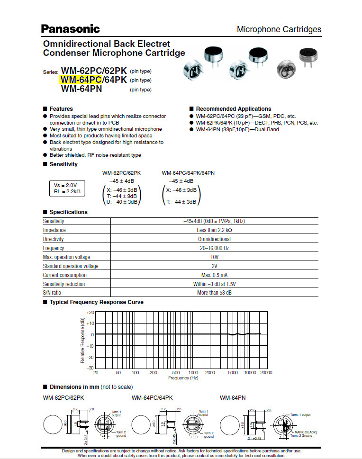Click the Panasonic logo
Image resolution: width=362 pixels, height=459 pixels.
coord(70,29)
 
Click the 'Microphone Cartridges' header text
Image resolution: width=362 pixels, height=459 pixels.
coord(279,29)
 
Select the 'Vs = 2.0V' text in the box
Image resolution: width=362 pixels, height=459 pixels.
coord(65,185)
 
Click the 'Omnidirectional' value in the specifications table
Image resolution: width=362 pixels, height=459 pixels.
coord(214,239)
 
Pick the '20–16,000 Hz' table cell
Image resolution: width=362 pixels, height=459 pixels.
coord(214,248)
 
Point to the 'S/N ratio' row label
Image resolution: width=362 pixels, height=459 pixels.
coord(53,293)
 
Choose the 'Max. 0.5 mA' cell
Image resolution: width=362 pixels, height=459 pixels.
coord(214,275)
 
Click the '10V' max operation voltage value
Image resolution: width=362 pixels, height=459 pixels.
coord(214,257)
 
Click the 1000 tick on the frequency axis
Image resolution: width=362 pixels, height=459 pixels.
coord(193,373)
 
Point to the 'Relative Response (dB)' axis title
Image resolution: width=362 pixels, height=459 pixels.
coord(82,340)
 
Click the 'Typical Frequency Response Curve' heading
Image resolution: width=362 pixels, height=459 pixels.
coord(96,302)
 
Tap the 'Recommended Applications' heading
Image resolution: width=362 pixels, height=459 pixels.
coord(234,109)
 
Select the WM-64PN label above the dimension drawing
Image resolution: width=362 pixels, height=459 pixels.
coord(233,397)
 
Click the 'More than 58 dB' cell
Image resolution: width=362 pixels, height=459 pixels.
coord(214,293)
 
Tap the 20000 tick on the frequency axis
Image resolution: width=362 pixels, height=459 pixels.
coord(266,373)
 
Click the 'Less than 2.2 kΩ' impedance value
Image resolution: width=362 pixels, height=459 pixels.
coord(214,230)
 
